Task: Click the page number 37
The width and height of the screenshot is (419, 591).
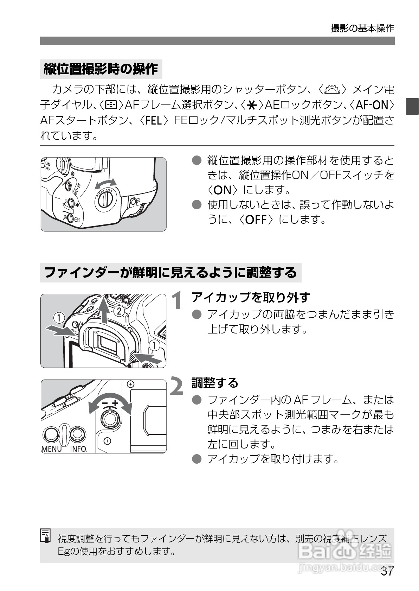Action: click(x=387, y=571)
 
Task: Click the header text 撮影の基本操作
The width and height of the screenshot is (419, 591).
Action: click(x=362, y=28)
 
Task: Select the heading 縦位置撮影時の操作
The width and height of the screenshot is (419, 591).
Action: click(x=101, y=69)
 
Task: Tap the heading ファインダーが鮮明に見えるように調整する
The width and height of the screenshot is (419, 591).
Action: click(x=170, y=273)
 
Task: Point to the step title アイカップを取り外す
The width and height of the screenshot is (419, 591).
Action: click(x=250, y=297)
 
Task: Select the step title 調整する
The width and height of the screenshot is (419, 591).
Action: click(x=215, y=382)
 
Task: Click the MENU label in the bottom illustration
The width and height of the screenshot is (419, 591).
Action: click(x=52, y=449)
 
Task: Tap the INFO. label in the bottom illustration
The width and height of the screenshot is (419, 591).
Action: click(x=78, y=449)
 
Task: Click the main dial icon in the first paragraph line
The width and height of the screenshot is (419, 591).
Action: click(x=332, y=89)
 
